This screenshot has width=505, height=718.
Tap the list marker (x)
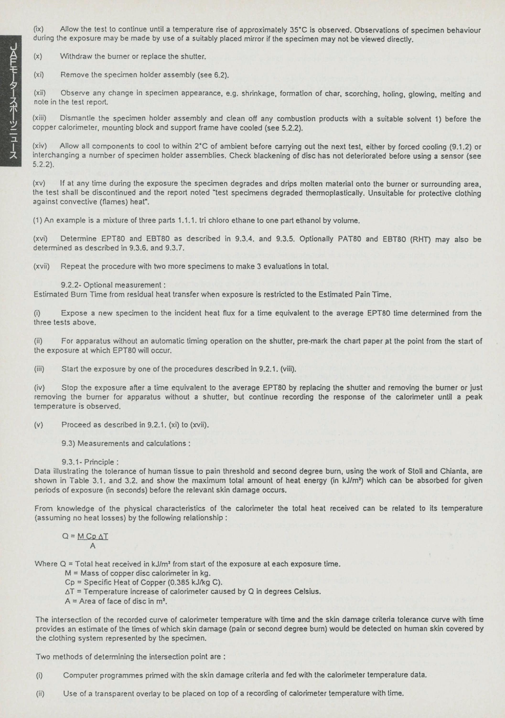[38, 57]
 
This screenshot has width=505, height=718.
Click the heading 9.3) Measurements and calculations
[126, 443]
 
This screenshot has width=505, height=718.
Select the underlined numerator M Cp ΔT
[93, 536]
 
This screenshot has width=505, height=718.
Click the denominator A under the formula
[93, 546]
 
